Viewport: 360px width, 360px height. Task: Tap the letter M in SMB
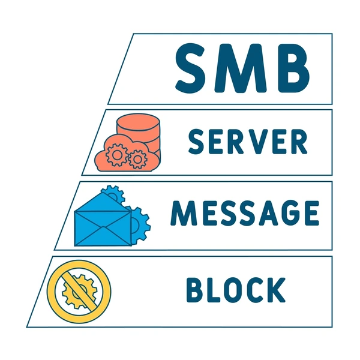click(x=241, y=68)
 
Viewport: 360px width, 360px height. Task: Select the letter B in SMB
click(x=293, y=68)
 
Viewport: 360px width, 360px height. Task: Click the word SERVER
click(x=248, y=142)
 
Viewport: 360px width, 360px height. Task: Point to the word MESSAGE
click(x=245, y=213)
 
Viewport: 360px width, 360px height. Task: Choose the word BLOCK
click(x=236, y=290)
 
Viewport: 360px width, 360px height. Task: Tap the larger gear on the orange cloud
click(x=117, y=155)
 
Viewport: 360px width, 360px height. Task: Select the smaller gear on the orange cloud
click(x=137, y=159)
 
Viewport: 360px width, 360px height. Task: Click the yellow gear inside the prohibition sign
click(x=79, y=292)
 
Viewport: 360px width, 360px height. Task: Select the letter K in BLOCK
click(x=277, y=290)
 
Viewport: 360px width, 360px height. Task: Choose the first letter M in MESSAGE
click(x=184, y=213)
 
